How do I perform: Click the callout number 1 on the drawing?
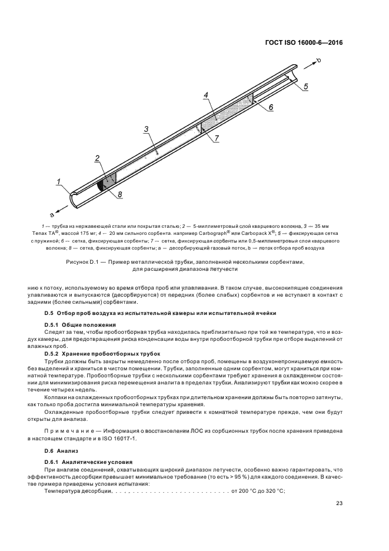pos(59,181)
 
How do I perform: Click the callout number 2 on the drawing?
pos(97,158)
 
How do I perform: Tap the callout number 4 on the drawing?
pos(206,95)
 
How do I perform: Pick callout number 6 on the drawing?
pos(271,107)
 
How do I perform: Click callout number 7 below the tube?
pos(216,138)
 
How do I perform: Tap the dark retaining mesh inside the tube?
pos(101,184)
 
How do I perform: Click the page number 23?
pos(340,502)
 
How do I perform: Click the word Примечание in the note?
pos(65,431)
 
